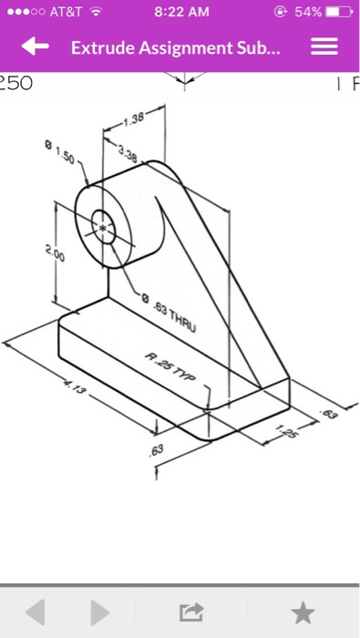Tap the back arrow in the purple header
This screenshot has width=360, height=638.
click(x=36, y=46)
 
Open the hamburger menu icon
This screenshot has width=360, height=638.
click(x=325, y=46)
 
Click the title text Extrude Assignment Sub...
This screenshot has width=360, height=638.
click(x=179, y=46)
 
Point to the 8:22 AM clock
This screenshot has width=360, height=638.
click(x=182, y=12)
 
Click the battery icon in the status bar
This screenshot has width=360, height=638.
click(x=334, y=12)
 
